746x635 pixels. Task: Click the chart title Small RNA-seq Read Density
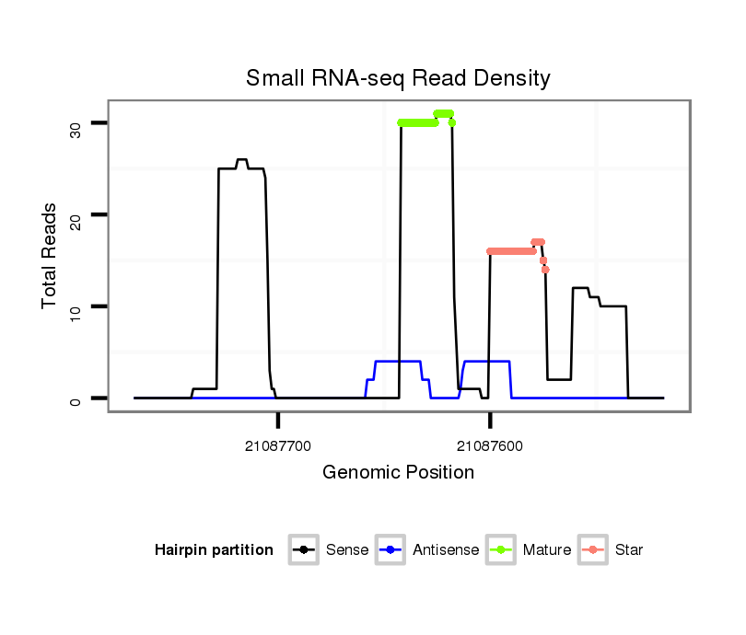click(398, 78)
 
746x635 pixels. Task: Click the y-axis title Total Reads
click(50, 256)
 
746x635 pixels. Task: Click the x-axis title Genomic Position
click(398, 473)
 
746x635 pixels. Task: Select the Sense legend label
click(347, 550)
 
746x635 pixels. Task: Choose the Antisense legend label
click(446, 550)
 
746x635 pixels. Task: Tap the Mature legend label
click(547, 550)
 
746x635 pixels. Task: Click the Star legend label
click(630, 550)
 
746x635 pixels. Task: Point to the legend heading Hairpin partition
click(214, 550)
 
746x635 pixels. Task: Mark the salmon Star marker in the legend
click(594, 550)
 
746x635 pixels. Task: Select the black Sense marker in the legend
click(304, 550)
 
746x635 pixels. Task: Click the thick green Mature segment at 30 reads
click(417, 122)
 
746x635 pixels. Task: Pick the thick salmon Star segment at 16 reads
click(511, 251)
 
